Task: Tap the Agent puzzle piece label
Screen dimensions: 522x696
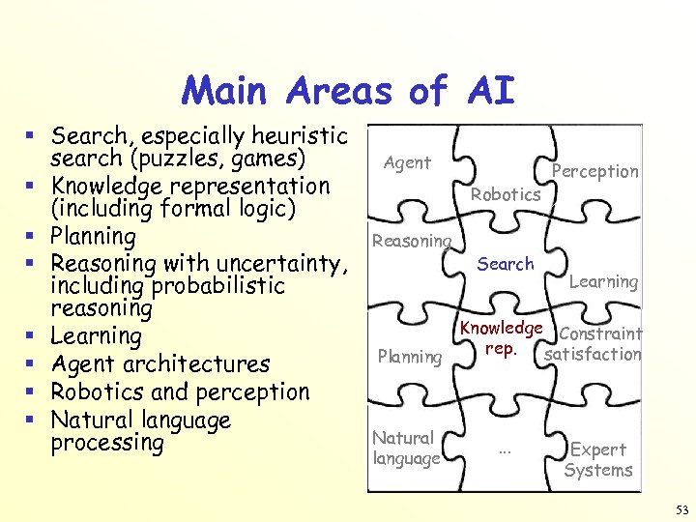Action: coord(407,162)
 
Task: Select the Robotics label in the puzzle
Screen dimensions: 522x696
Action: coord(506,194)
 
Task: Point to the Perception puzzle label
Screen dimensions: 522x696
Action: coord(594,171)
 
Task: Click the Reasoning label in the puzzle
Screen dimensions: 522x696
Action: coord(412,241)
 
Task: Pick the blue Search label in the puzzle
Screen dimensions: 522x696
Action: coord(506,263)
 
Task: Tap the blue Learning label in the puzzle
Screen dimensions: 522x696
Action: coord(603,281)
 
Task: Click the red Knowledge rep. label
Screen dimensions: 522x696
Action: coord(501,337)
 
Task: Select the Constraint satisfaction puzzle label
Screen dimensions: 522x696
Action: coord(594,344)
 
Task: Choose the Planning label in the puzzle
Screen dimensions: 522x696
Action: coord(410,357)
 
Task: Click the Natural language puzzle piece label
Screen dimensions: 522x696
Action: coord(406,449)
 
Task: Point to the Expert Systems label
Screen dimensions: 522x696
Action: coord(598,460)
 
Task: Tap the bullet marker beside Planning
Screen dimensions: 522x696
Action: coord(33,235)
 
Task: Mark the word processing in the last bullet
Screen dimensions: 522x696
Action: coord(107,443)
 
